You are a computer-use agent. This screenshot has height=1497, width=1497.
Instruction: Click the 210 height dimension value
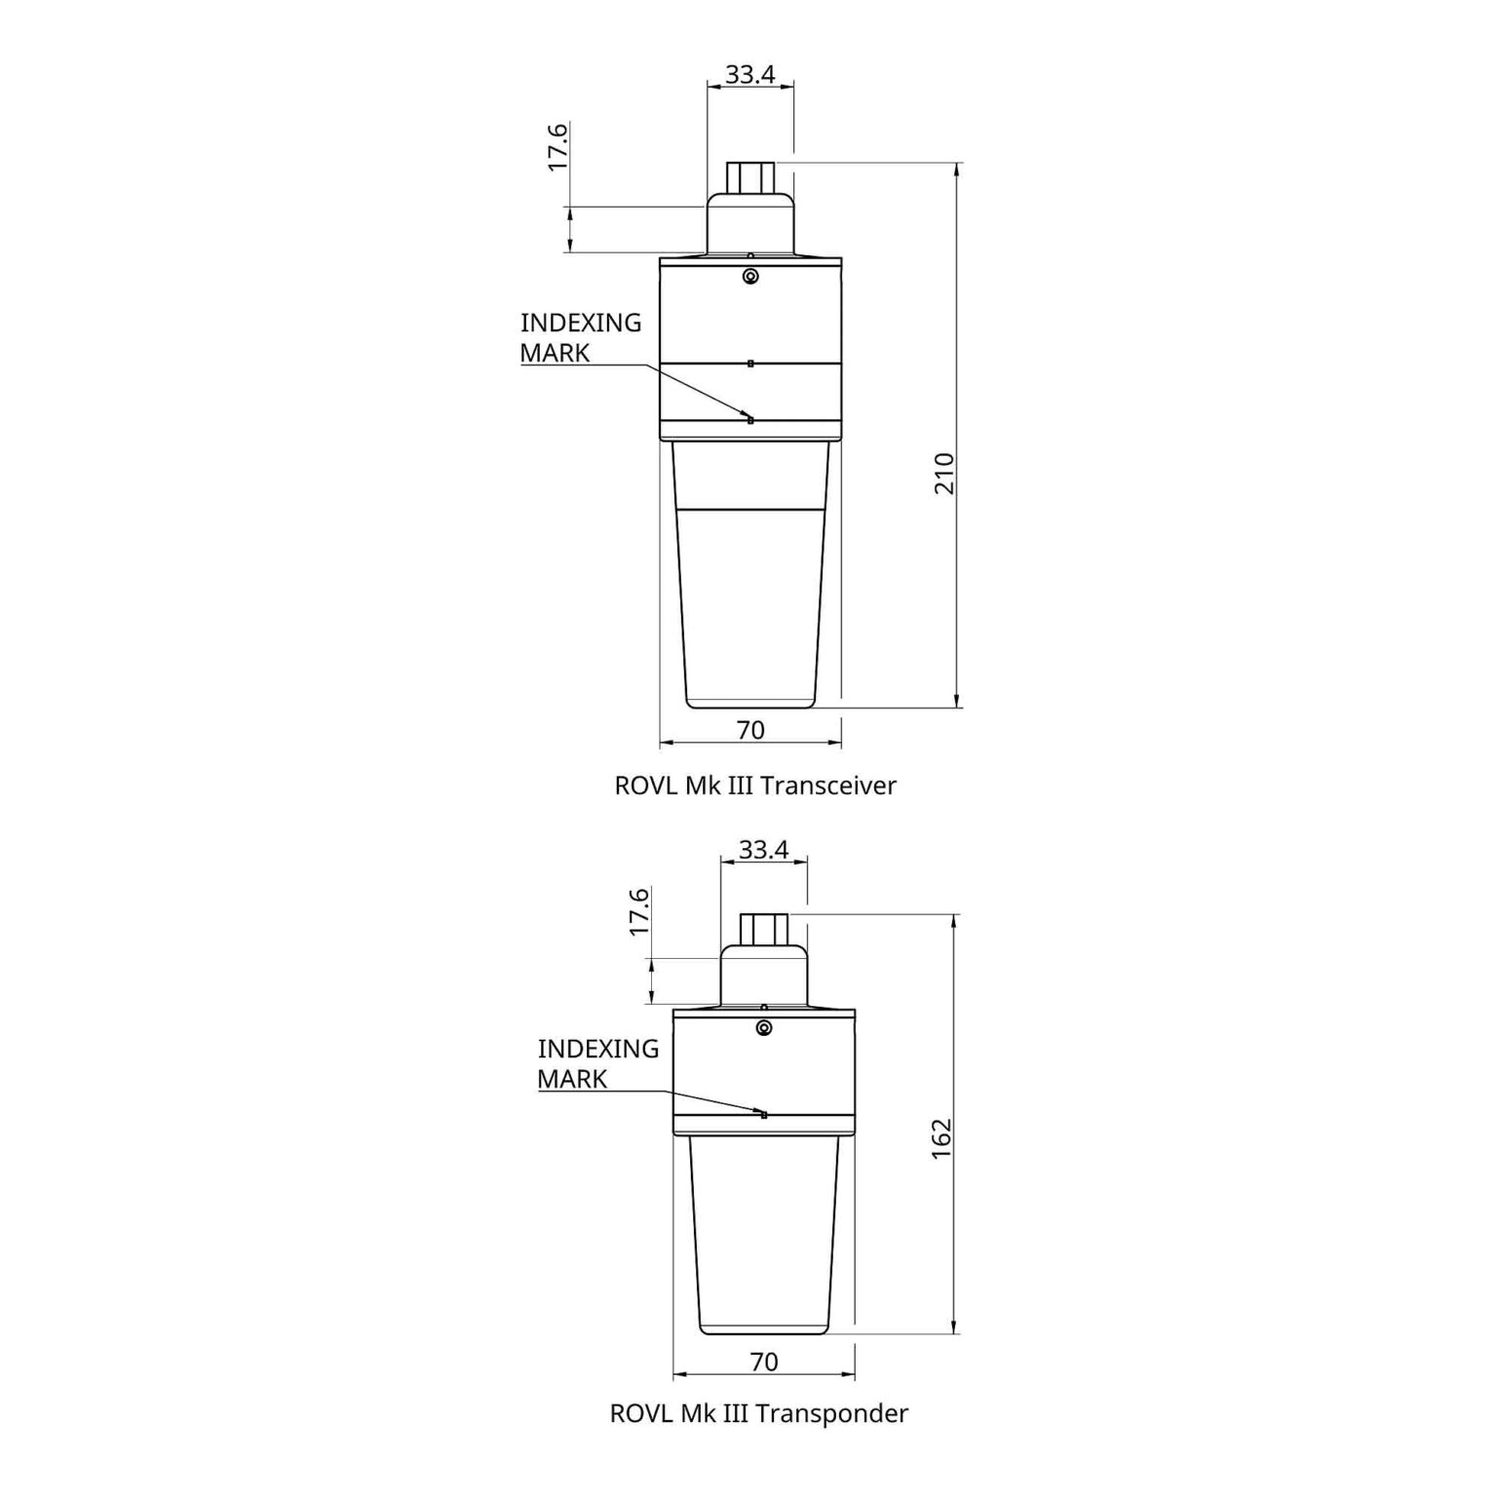click(944, 473)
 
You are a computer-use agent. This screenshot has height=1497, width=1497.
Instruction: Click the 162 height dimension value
click(941, 1138)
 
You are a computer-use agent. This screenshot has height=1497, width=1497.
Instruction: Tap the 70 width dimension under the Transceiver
click(751, 730)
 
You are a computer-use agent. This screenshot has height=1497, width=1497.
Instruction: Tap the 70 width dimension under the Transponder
click(765, 1362)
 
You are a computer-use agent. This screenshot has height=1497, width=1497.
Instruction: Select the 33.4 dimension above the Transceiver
click(749, 74)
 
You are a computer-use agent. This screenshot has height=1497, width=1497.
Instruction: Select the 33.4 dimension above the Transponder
click(763, 850)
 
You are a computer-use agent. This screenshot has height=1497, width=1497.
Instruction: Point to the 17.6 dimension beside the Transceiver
click(557, 147)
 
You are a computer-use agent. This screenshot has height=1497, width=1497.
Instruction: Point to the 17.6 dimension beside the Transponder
click(639, 911)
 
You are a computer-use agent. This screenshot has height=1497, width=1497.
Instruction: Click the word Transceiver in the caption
click(826, 786)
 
